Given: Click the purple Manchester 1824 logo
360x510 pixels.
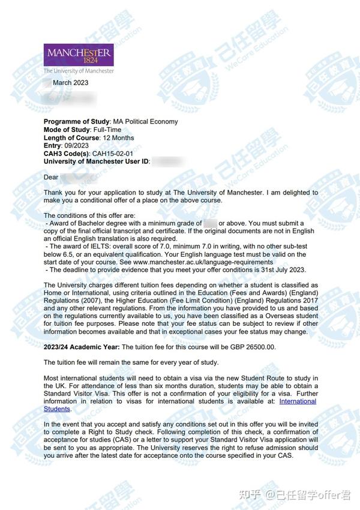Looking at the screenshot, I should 79,56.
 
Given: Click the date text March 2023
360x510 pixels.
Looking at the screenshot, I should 70,83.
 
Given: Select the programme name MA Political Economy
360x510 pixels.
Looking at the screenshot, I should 145,122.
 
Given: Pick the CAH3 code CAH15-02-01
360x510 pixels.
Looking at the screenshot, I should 112,154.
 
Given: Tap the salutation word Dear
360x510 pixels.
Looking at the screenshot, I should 51,177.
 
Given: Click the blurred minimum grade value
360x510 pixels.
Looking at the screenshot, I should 210,224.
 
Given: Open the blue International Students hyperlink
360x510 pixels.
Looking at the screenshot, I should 297,401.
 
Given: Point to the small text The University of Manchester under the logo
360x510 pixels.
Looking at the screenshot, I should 79,71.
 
